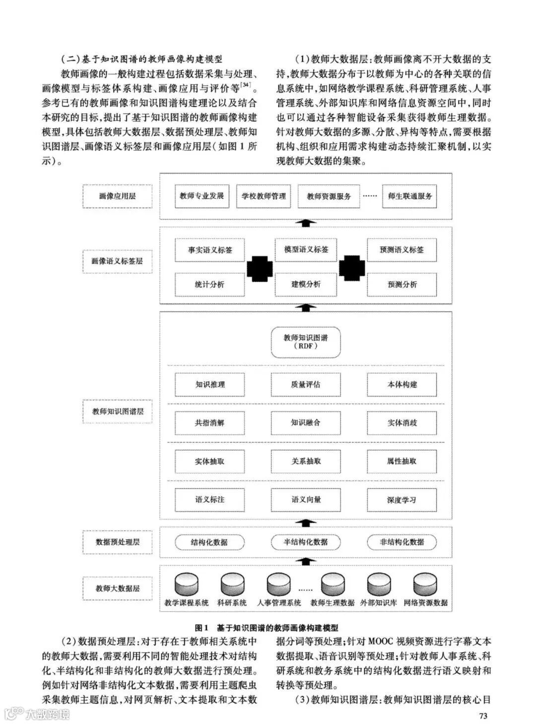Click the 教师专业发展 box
[201, 196]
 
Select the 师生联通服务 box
[410, 196]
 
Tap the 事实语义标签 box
[210, 250]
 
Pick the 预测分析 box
[402, 285]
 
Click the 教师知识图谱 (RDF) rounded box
[306, 342]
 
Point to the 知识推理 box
[210, 384]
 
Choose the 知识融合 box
[306, 423]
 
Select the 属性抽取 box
[402, 461]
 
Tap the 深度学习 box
[402, 500]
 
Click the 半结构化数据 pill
[306, 542]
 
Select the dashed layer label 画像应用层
[117, 196]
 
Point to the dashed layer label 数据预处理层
[117, 542]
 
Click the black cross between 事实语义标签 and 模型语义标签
[260, 268]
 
